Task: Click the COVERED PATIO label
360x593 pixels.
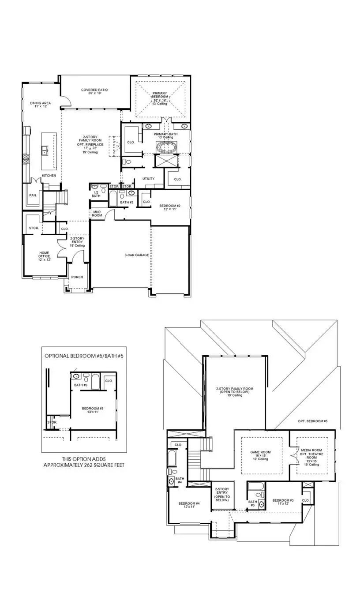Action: (94, 90)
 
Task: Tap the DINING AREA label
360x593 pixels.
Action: (41, 103)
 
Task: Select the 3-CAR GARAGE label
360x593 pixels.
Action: (137, 255)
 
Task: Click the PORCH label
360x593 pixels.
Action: (77, 278)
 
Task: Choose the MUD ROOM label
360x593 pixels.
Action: (97, 214)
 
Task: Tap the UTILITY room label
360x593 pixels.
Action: (148, 179)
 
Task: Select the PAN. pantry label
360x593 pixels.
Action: (33, 195)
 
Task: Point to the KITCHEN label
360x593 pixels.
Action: (49, 176)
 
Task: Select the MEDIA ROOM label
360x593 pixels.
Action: (313, 452)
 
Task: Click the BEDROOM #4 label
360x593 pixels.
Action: (189, 503)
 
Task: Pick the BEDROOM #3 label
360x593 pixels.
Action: (283, 500)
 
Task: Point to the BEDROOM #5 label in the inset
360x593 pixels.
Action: (93, 409)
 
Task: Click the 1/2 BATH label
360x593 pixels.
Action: (96, 193)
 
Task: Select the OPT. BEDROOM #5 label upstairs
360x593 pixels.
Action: (312, 421)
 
